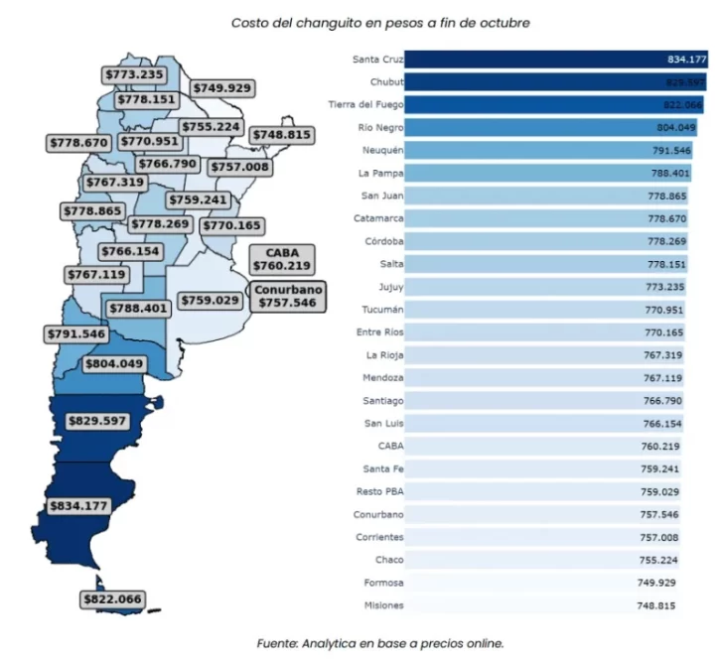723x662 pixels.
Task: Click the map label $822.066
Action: (112, 599)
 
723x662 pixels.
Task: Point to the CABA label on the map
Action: (282, 260)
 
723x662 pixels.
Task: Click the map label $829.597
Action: (96, 421)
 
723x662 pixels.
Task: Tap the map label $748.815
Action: (282, 135)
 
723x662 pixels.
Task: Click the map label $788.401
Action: (139, 309)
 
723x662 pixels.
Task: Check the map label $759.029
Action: (210, 300)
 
